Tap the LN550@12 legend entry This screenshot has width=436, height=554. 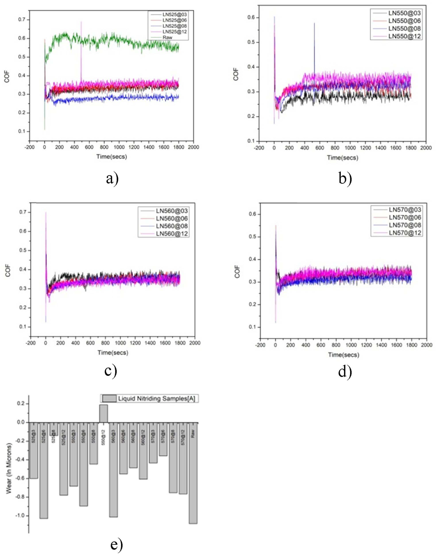404,36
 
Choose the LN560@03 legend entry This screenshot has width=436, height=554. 172,211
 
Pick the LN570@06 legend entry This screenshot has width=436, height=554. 405,217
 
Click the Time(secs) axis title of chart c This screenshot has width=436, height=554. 113,353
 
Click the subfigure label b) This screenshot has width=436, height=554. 345,179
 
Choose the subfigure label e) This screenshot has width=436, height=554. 117,544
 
